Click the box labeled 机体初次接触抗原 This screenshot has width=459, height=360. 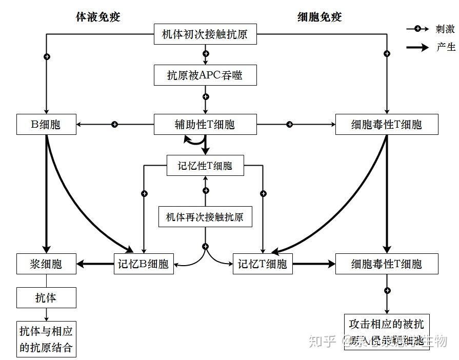[205, 34]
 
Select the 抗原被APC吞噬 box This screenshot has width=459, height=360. [205, 75]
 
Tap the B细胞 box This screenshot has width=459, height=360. [46, 124]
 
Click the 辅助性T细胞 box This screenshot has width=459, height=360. [205, 124]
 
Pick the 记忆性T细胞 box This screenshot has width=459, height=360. [205, 166]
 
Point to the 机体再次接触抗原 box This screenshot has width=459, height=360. [205, 217]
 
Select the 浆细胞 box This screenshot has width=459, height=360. [46, 264]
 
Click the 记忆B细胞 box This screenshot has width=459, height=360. [143, 264]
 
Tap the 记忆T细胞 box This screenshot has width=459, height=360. [262, 264]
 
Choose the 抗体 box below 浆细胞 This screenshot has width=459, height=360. [46, 297]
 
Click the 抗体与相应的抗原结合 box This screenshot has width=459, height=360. [46, 340]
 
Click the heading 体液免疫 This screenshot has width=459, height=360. [97, 17]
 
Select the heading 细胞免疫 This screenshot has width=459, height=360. [320, 17]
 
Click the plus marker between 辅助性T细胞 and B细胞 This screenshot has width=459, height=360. [115, 124]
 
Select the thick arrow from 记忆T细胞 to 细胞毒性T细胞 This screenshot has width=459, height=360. [313, 264]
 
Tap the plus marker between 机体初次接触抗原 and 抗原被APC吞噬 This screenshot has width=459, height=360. [206, 53]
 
